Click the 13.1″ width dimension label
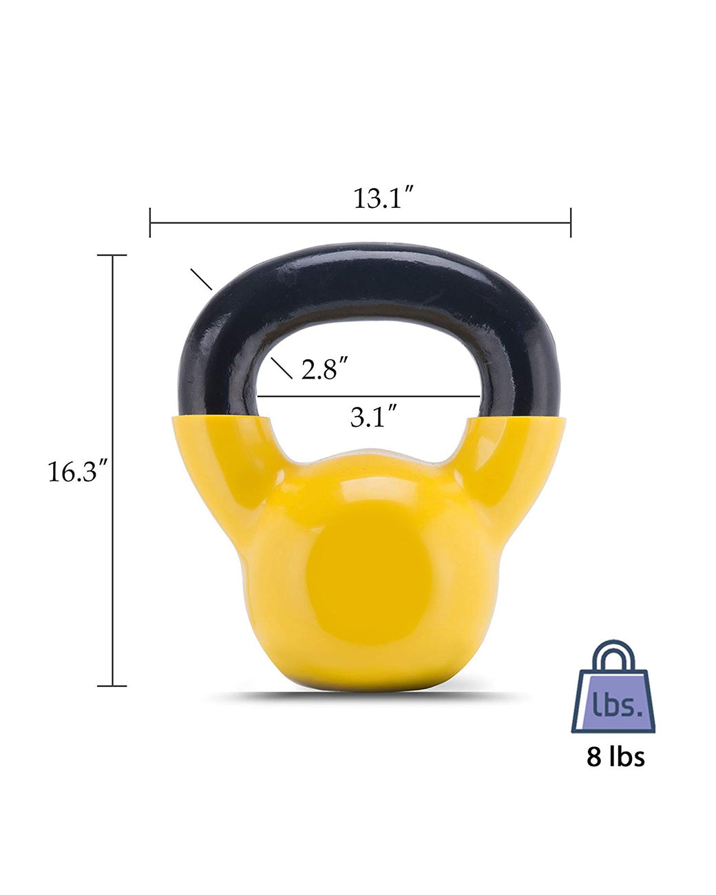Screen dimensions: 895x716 coord(383,198)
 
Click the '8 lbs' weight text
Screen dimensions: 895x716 coord(615,757)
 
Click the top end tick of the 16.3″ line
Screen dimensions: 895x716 coord(112,255)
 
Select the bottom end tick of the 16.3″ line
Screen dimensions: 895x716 coord(112,686)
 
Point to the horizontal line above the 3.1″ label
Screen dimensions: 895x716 coord(368,397)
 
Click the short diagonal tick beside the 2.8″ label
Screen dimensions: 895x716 coord(282,368)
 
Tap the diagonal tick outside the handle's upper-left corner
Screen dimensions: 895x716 coord(201,279)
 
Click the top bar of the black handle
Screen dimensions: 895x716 coord(372,272)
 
